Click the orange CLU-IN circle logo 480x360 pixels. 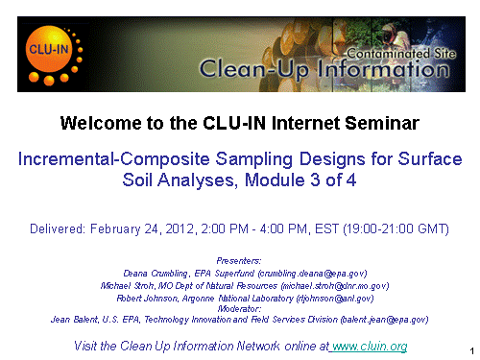pos(49,49)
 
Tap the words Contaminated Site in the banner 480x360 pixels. pos(401,54)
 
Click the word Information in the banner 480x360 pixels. pos(383,69)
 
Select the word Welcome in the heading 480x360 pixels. pos(101,123)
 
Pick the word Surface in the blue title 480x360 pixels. pos(430,158)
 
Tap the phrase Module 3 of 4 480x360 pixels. pos(300,180)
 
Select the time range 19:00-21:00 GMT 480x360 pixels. pos(396,229)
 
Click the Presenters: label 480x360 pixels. pos(239,261)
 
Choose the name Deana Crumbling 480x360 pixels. pos(156,274)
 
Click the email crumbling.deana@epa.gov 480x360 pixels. pos(313,274)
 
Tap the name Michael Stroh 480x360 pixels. pos(128,286)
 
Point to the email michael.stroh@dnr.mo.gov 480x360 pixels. pos(335,286)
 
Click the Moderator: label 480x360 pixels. pos(239,309)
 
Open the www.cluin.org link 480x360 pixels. pos(370,347)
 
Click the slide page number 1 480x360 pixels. pos(472,351)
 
